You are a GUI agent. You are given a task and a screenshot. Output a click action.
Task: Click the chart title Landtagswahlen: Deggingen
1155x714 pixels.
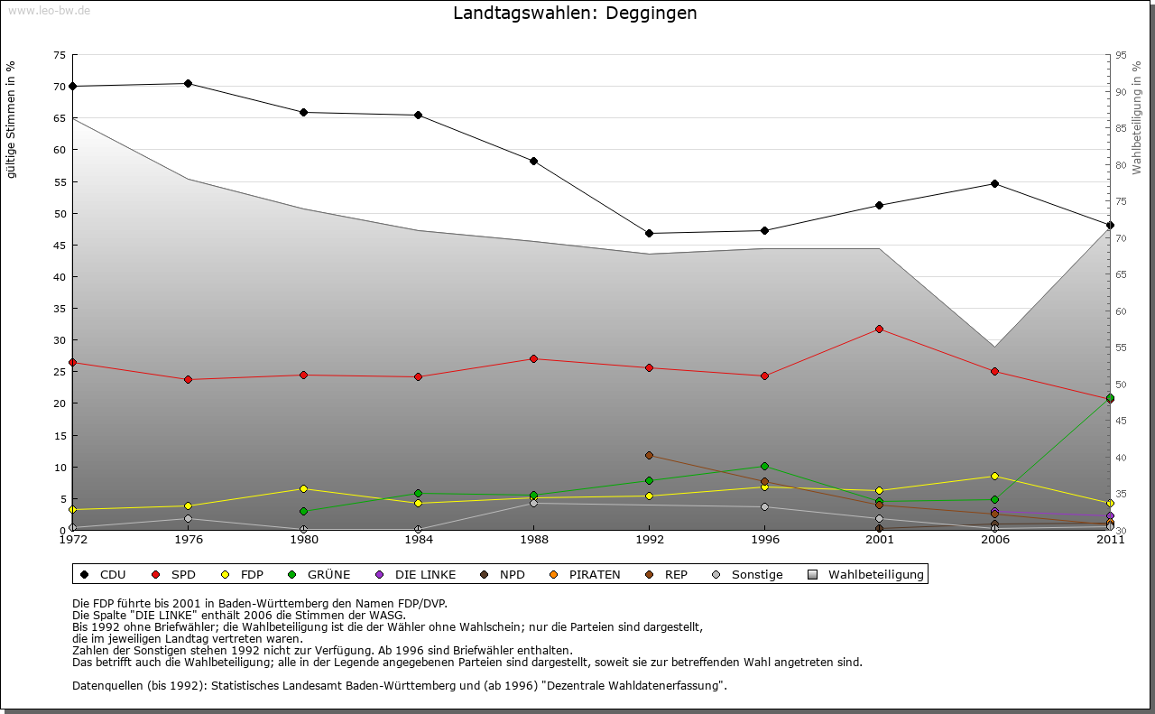pos(575,14)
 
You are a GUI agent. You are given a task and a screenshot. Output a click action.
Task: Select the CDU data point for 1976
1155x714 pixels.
pos(188,84)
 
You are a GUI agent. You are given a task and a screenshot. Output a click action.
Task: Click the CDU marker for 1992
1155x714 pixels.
pos(649,234)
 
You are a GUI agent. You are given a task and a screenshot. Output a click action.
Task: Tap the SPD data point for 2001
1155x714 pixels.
pos(880,329)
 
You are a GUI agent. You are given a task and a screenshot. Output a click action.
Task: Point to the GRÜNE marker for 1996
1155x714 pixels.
pos(764,467)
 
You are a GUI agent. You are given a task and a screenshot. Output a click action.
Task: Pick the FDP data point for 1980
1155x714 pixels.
pos(303,489)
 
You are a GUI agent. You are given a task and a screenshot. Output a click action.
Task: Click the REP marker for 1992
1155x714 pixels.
pos(649,456)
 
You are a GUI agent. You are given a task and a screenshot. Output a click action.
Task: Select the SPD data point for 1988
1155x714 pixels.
pos(534,359)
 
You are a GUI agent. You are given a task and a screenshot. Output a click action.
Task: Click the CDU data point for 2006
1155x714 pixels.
pos(994,184)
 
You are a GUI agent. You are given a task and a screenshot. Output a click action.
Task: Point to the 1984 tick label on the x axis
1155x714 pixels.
pos(419,541)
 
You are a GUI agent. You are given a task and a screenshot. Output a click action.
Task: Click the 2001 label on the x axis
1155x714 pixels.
pos(880,541)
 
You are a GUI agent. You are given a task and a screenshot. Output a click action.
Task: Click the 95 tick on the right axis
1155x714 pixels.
pos(1121,55)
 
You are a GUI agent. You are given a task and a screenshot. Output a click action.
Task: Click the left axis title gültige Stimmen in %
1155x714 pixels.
pos(12,119)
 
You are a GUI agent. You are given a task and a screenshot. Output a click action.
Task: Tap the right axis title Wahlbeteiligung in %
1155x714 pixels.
pos(1137,117)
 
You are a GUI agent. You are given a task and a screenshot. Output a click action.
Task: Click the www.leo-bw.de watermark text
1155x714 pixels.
pos(49,10)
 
